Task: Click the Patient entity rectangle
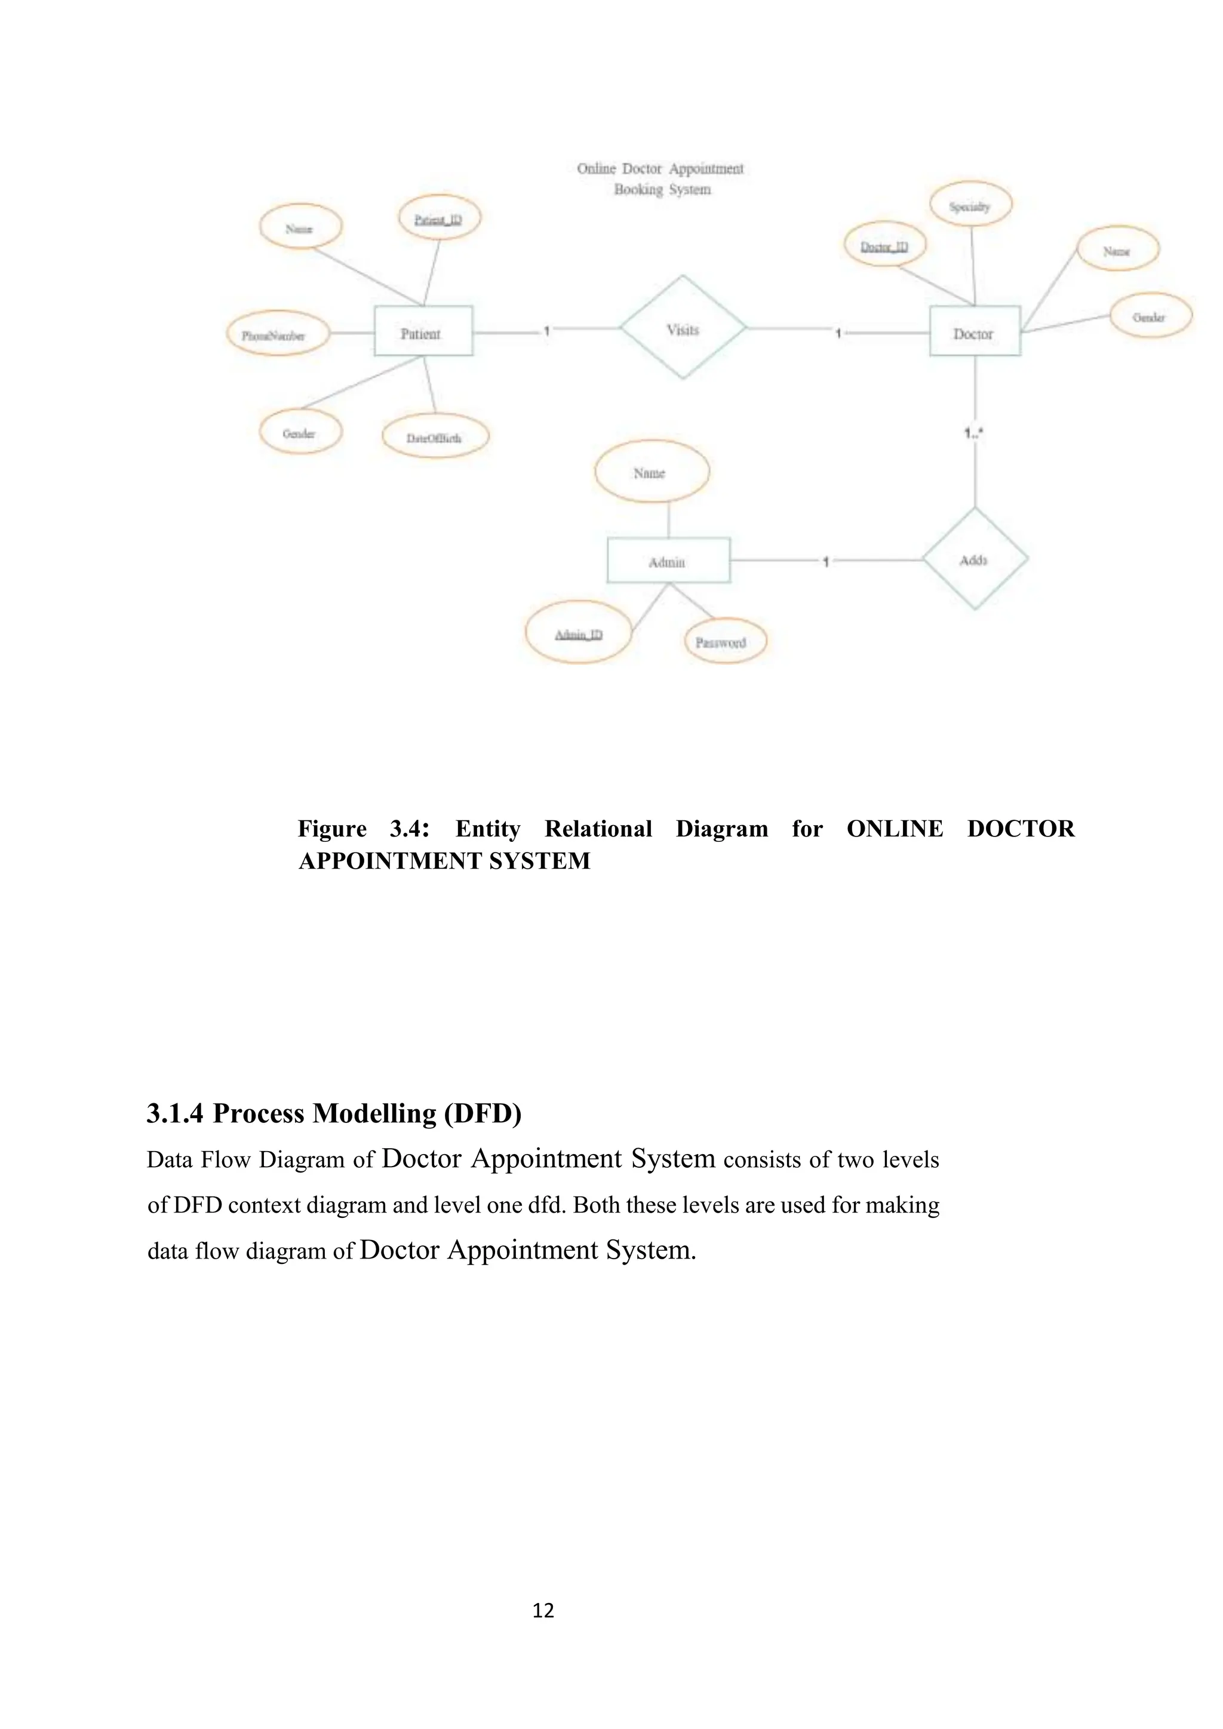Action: pos(423,331)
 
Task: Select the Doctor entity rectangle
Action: pos(975,331)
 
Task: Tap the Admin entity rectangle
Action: pos(668,560)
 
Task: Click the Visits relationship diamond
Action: pos(683,328)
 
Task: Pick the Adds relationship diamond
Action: pos(975,559)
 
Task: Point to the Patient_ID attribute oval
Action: pos(439,219)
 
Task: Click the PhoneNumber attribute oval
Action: pos(277,335)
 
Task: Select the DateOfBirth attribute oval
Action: pos(435,437)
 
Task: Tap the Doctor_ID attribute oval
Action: pos(885,245)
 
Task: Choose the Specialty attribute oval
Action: pos(970,205)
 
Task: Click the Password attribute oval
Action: pos(724,642)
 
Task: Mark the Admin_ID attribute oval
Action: pos(579,633)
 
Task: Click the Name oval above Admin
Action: pos(652,472)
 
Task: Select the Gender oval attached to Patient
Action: pos(300,432)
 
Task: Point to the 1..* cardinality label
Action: pos(973,433)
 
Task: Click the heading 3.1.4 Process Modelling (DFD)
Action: pos(334,1113)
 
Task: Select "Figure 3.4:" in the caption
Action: pos(364,828)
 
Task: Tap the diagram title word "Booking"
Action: pos(638,189)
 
